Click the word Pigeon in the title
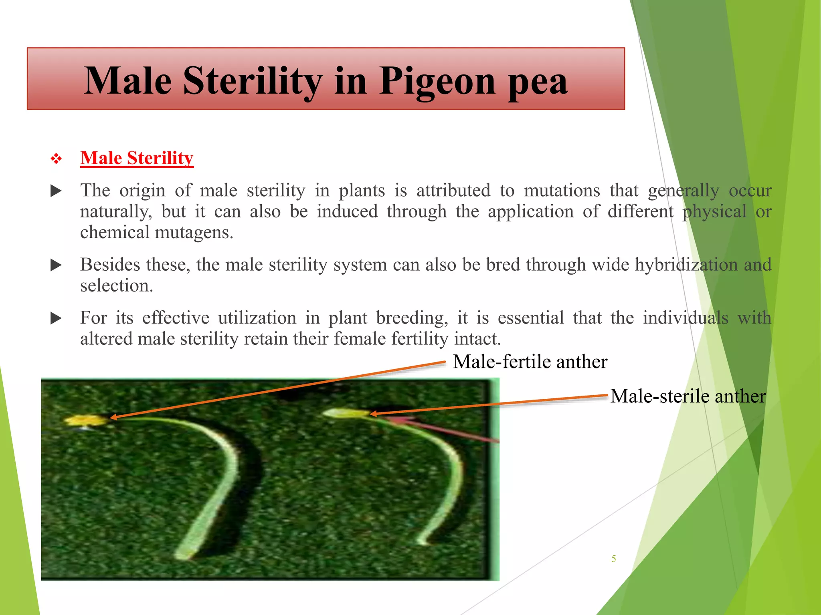click(437, 81)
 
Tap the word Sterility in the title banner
click(253, 81)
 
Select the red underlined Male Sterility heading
click(137, 158)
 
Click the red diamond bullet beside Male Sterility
click(56, 159)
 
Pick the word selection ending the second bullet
click(116, 286)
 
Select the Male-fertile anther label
click(530, 362)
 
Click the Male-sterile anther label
click(688, 396)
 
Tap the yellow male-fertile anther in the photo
click(86, 420)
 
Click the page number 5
click(613, 559)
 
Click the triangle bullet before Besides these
click(56, 265)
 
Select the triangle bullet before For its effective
click(56, 319)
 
